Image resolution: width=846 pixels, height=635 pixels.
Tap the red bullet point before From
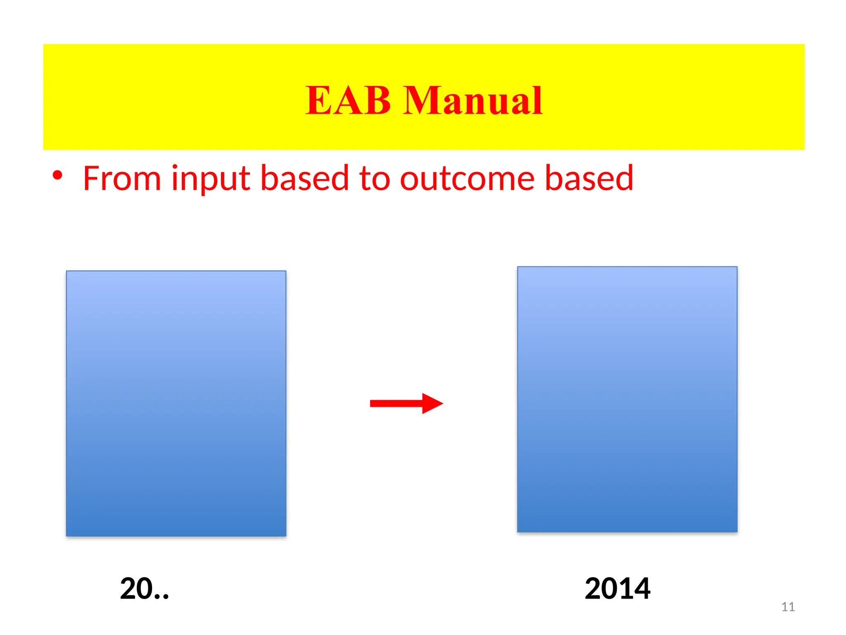pyautogui.click(x=57, y=175)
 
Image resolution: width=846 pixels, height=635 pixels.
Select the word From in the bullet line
pyautogui.click(x=122, y=179)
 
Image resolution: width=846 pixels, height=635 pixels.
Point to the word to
pyautogui.click(x=374, y=179)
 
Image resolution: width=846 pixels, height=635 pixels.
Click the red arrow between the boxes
pyautogui.click(x=406, y=403)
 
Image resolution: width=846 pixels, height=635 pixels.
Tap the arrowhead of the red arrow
pyautogui.click(x=432, y=403)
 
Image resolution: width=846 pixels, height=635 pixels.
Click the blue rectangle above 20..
pyautogui.click(x=176, y=403)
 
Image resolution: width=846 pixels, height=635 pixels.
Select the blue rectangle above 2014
pyautogui.click(x=627, y=399)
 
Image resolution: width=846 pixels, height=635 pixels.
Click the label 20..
pyautogui.click(x=145, y=588)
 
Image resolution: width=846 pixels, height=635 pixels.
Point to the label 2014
pyautogui.click(x=617, y=588)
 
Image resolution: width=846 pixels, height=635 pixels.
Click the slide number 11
pyautogui.click(x=788, y=606)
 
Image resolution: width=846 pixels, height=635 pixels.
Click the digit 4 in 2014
pyautogui.click(x=639, y=588)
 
